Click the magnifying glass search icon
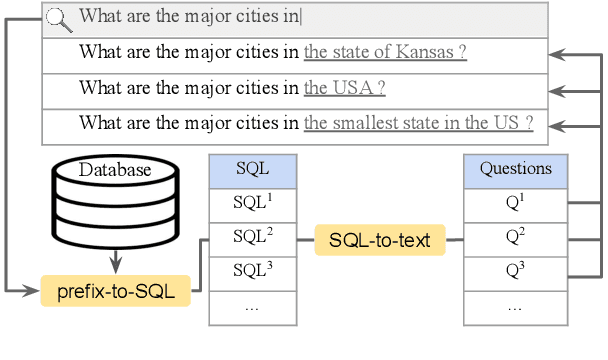pos(59,17)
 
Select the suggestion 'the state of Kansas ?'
pos(386,52)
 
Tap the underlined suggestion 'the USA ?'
pos(345,88)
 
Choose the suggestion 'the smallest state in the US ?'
pos(419,124)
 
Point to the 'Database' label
pos(115,170)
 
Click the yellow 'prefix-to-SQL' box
pos(115,292)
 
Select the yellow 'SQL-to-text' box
pos(380,240)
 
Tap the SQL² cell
pos(252,238)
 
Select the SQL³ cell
pos(252,272)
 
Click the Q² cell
pos(515,238)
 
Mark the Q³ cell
pos(515,272)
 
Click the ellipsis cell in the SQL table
pos(252,306)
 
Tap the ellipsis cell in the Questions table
pos(515,306)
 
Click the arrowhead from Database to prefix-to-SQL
pos(115,266)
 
